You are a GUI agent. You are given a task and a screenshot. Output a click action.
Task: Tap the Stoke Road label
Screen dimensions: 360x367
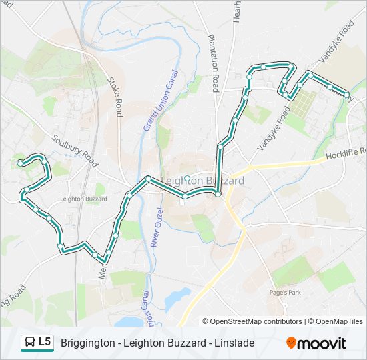pos(116,96)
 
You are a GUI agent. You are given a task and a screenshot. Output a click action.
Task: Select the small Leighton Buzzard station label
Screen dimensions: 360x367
pos(83,199)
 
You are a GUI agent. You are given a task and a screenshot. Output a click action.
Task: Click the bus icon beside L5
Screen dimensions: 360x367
pos(30,343)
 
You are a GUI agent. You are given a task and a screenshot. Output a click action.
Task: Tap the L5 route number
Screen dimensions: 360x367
pos(45,342)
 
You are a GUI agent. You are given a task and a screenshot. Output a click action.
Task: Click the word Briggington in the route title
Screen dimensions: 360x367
pos(87,343)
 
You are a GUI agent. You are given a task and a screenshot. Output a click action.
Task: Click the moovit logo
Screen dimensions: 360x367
pos(316,343)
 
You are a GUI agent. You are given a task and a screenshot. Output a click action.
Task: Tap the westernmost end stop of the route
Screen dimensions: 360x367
pos(21,163)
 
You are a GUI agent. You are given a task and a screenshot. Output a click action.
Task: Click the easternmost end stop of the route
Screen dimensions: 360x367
pos(347,94)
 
